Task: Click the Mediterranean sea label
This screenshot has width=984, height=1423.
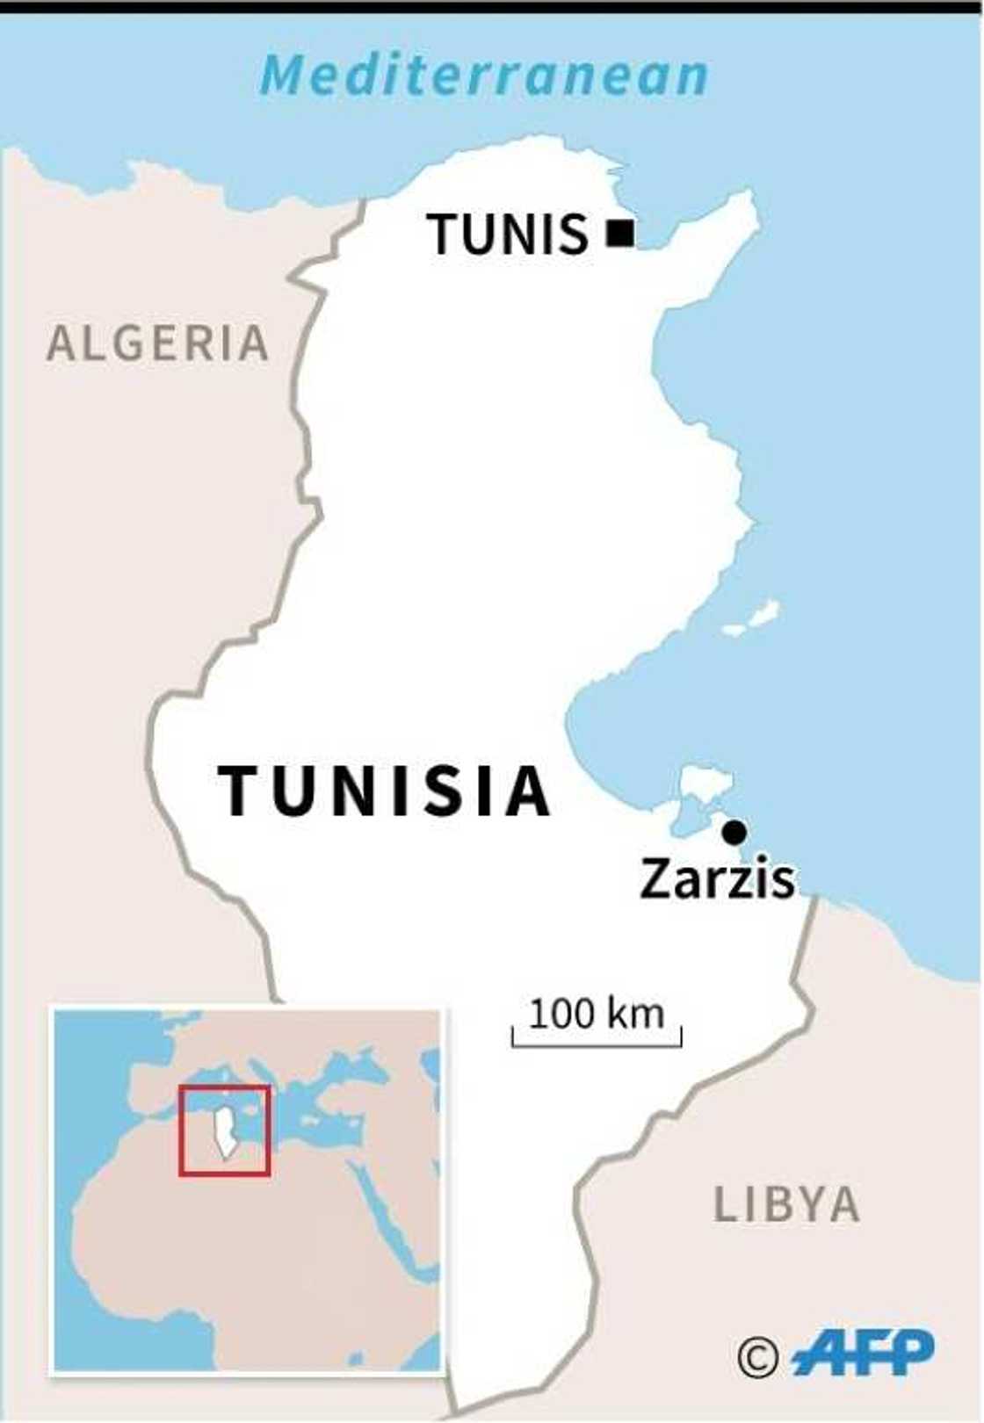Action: pyautogui.click(x=483, y=76)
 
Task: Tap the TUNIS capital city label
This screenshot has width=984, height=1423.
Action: pyautogui.click(x=508, y=235)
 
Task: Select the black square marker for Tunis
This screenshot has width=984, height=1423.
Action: pyautogui.click(x=620, y=233)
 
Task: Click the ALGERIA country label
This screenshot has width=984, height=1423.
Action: pyautogui.click(x=157, y=343)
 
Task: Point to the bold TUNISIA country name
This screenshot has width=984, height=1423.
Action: pyautogui.click(x=384, y=791)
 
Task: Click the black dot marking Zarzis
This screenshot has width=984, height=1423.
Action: pyautogui.click(x=734, y=831)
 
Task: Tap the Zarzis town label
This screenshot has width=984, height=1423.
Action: pyautogui.click(x=716, y=878)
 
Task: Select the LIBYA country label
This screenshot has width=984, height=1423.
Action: pyautogui.click(x=785, y=1204)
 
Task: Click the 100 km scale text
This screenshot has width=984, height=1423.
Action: pyautogui.click(x=596, y=1014)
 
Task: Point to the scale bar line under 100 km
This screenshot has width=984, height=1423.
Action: pyautogui.click(x=596, y=1044)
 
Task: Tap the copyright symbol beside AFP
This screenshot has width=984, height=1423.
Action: pyautogui.click(x=757, y=1358)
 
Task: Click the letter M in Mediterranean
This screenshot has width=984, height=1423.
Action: pyautogui.click(x=281, y=76)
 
